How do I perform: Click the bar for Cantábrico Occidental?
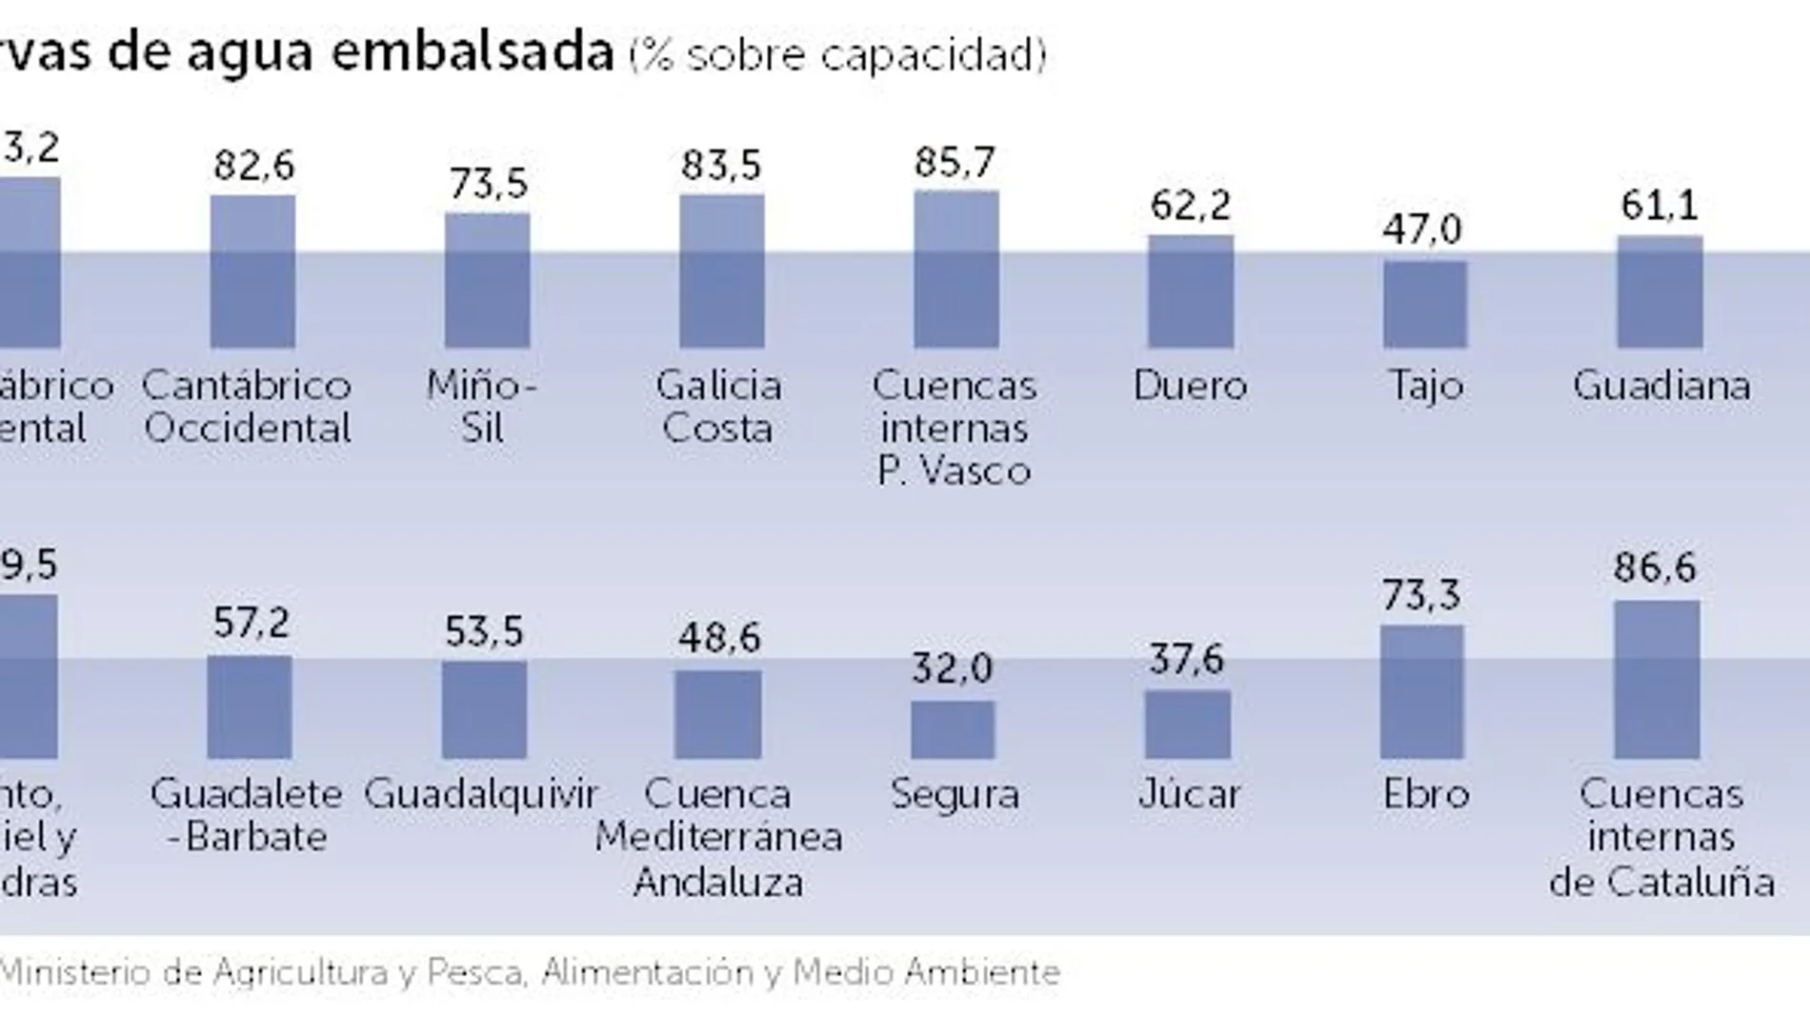pyautogui.click(x=252, y=272)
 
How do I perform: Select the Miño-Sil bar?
pyautogui.click(x=487, y=281)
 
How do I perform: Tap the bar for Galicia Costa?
pyautogui.click(x=721, y=272)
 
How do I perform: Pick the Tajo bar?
pyautogui.click(x=1424, y=305)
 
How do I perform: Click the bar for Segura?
pyautogui.click(x=953, y=730)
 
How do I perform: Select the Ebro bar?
pyautogui.click(x=1421, y=692)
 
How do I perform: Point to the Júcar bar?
pyautogui.click(x=1187, y=725)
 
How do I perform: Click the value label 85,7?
pyautogui.click(x=955, y=163)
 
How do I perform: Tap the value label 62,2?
pyautogui.click(x=1190, y=206)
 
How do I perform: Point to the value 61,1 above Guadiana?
pyautogui.click(x=1659, y=206)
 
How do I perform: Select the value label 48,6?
pyautogui.click(x=719, y=637)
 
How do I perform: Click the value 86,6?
pyautogui.click(x=1655, y=569)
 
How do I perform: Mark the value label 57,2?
pyautogui.click(x=251, y=623)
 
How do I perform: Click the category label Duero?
pyautogui.click(x=1190, y=386)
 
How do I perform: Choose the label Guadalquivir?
pyautogui.click(x=481, y=794)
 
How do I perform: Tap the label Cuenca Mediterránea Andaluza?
pyautogui.click(x=718, y=838)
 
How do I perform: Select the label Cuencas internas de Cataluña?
pyautogui.click(x=1661, y=838)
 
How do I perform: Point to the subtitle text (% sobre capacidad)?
pyautogui.click(x=837, y=56)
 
